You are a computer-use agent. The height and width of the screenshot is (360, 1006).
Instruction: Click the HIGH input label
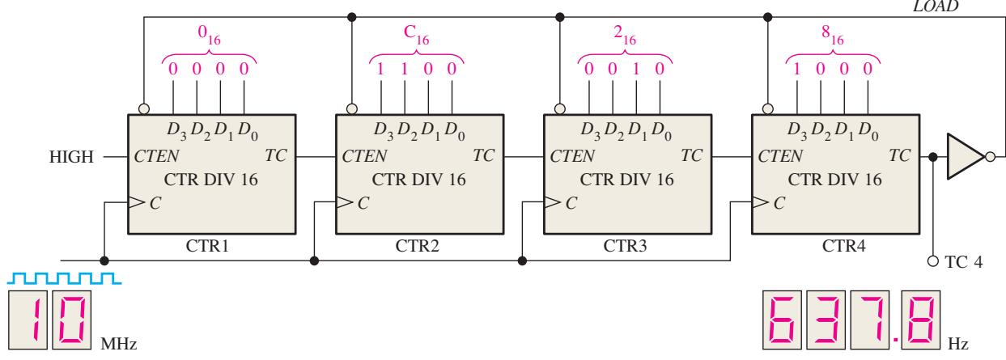[71, 157]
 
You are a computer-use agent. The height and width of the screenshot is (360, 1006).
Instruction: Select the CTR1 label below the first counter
[207, 246]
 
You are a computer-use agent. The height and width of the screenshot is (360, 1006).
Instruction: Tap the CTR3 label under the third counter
[625, 246]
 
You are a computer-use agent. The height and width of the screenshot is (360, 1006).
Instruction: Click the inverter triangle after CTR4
[966, 157]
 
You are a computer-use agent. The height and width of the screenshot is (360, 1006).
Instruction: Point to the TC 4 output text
[964, 261]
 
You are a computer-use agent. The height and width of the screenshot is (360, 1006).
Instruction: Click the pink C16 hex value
[416, 35]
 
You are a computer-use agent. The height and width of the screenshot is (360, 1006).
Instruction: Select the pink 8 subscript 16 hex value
[833, 35]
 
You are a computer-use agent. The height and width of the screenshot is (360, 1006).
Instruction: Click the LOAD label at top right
[936, 6]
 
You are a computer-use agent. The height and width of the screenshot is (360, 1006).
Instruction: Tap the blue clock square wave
[64, 277]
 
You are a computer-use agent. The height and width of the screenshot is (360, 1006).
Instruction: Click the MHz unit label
[118, 344]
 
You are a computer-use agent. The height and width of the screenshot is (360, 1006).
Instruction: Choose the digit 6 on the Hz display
[782, 320]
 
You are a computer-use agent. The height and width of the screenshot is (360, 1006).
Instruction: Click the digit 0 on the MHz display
[72, 320]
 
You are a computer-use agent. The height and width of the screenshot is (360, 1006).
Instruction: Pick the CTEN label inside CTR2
[364, 156]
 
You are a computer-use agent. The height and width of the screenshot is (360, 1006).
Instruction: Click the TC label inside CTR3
[691, 155]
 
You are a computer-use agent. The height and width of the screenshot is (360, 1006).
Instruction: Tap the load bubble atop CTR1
[144, 108]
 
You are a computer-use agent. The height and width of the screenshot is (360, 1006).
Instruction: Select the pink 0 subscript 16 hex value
[210, 35]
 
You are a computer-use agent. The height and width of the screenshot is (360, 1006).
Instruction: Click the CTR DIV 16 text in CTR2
[419, 180]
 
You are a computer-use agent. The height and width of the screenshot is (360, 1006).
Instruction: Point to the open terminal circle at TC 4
[933, 261]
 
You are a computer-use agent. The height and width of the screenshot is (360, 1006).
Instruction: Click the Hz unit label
[957, 344]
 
